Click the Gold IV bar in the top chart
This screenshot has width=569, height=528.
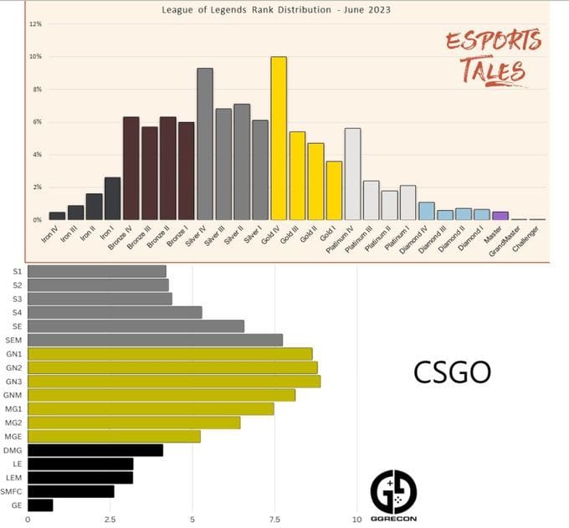(279, 138)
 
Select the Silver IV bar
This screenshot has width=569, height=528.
(205, 144)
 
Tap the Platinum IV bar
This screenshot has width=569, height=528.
(352, 173)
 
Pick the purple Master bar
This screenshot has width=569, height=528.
(500, 216)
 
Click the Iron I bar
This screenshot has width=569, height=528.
(113, 198)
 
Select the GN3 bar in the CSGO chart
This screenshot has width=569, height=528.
(174, 382)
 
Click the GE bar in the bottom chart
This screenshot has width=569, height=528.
(40, 505)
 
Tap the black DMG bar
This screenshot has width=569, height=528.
(95, 450)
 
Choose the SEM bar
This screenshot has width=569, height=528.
(155, 340)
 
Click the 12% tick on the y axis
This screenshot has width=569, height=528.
(35, 23)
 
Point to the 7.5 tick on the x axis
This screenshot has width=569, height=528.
(275, 520)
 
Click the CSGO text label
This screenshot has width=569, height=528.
(452, 372)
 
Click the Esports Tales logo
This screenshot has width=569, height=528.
(492, 57)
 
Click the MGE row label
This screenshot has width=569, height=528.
(13, 436)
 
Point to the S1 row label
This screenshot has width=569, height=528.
(17, 271)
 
